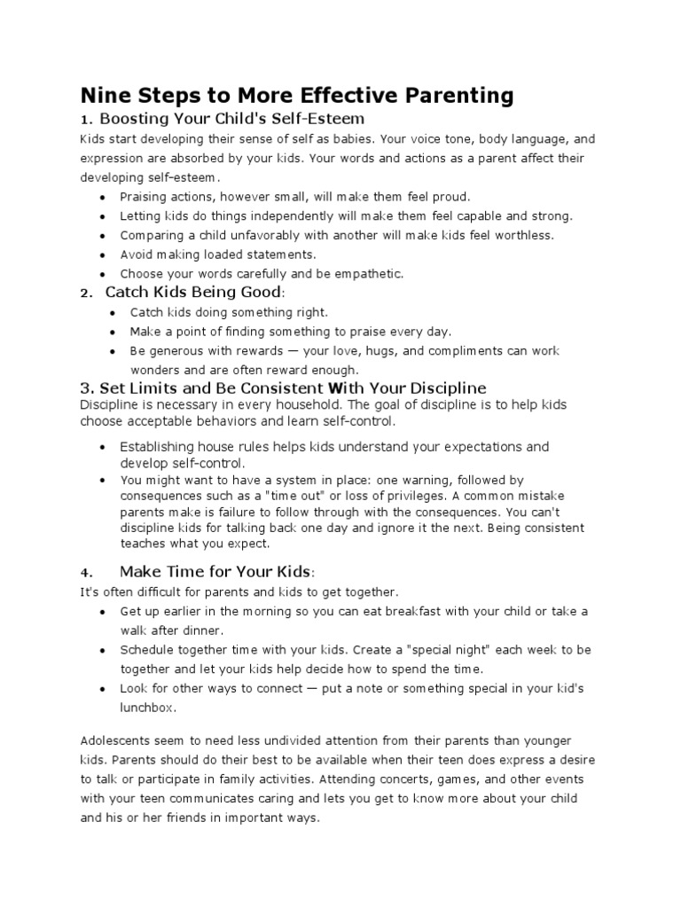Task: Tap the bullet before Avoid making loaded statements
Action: [106, 254]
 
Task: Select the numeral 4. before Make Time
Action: [85, 572]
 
